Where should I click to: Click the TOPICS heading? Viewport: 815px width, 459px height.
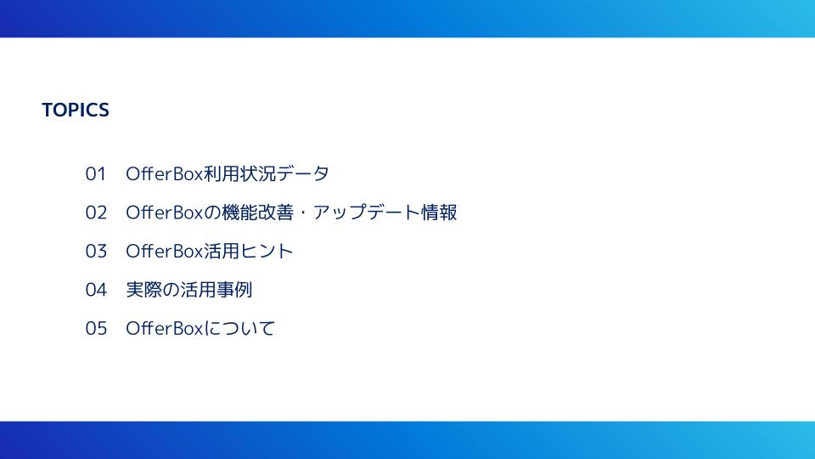(x=76, y=110)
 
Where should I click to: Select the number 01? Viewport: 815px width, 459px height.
(x=96, y=173)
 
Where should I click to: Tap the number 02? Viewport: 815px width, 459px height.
(x=96, y=212)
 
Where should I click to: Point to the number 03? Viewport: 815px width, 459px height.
(x=96, y=251)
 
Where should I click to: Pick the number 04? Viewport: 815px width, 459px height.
(x=96, y=289)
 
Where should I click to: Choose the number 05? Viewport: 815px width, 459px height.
(x=96, y=328)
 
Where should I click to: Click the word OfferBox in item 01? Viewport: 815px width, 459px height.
(x=164, y=173)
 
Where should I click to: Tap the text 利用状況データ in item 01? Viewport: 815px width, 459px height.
(x=266, y=173)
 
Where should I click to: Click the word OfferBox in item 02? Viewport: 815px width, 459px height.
(x=164, y=212)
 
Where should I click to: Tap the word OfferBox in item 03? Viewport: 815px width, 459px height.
(x=164, y=251)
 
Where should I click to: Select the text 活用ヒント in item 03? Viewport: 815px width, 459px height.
(x=249, y=251)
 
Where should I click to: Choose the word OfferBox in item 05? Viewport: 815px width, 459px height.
(x=164, y=328)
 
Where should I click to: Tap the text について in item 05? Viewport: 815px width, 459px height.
(x=239, y=328)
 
